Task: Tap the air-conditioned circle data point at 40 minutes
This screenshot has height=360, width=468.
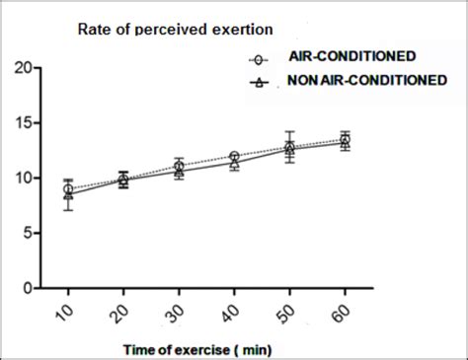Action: (234, 157)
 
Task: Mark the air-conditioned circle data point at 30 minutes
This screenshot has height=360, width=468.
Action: (179, 167)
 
